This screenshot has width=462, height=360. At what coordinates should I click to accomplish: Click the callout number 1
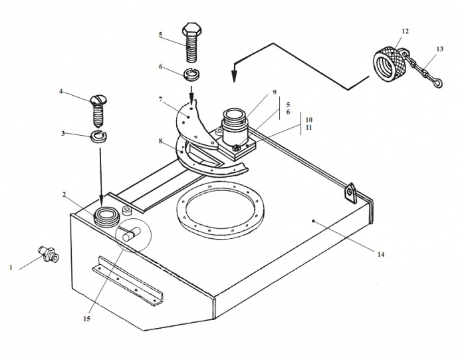11,268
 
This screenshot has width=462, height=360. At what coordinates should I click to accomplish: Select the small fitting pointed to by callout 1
49,254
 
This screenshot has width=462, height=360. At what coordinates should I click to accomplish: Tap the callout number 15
86,319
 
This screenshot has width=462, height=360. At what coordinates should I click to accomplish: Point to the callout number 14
381,254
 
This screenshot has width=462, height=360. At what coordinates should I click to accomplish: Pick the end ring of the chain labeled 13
438,83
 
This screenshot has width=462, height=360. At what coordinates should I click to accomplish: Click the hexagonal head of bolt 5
192,29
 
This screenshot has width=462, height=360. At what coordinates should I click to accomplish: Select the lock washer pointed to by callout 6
192,74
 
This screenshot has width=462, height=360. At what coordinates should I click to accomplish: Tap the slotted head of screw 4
98,100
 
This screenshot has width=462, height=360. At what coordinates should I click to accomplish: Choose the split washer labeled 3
98,136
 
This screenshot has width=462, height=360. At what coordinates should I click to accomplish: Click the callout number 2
64,194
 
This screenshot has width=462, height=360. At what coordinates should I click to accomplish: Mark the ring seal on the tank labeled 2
106,217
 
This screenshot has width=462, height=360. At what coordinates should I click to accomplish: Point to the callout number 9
275,92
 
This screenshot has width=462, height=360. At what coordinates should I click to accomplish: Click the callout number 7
161,99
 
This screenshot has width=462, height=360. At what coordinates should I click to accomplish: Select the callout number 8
161,141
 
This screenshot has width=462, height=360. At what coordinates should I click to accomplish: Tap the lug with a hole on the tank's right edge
350,194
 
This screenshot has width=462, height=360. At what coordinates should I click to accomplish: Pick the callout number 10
309,120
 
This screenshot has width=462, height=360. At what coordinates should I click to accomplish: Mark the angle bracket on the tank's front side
128,280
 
